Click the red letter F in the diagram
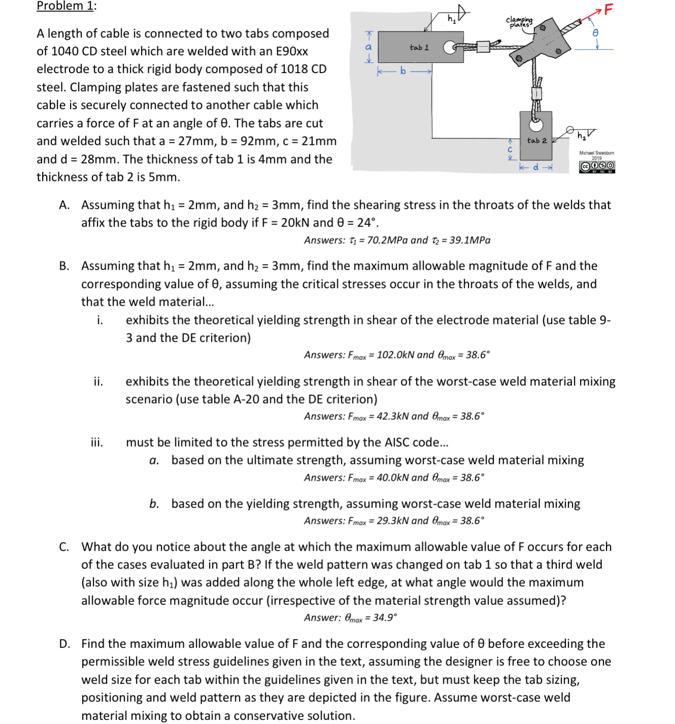(x=608, y=9)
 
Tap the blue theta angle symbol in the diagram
(x=596, y=32)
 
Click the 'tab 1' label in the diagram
(x=419, y=47)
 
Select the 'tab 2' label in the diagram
(x=537, y=140)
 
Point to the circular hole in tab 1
(x=449, y=48)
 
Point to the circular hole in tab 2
(x=536, y=124)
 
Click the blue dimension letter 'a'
(x=369, y=47)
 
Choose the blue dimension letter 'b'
(x=403, y=71)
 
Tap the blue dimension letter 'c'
(x=510, y=150)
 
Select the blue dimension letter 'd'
(x=536, y=167)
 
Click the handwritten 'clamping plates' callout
(x=519, y=22)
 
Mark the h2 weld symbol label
(x=582, y=135)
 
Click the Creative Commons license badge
(x=597, y=166)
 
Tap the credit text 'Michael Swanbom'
(x=596, y=153)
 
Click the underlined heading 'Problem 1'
(x=65, y=6)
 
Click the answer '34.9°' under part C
(x=384, y=618)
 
